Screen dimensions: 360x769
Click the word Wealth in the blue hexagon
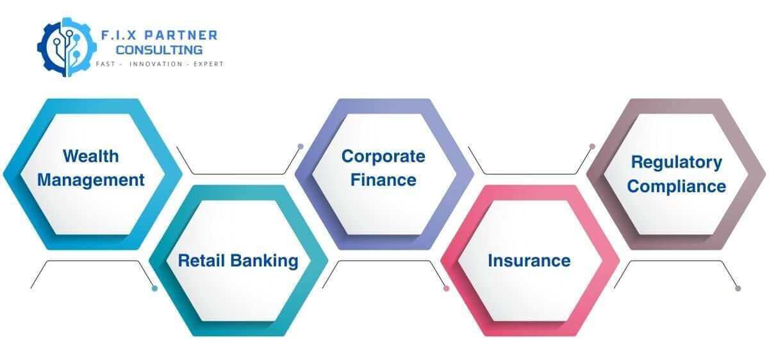pyautogui.click(x=90, y=156)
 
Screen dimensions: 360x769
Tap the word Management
pyautogui.click(x=90, y=180)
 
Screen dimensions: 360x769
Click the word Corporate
pyautogui.click(x=383, y=156)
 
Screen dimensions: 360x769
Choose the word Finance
pyautogui.click(x=383, y=180)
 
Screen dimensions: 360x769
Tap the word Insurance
pyautogui.click(x=529, y=261)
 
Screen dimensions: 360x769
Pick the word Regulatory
pyautogui.click(x=676, y=162)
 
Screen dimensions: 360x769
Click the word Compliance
pyautogui.click(x=676, y=186)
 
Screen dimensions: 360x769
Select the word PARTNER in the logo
pyautogui.click(x=183, y=35)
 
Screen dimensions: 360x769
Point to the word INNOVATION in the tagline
pyautogui.click(x=157, y=65)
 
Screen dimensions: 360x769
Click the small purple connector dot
pyautogui.click(x=300, y=147)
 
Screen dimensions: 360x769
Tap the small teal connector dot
pyautogui.click(x=154, y=289)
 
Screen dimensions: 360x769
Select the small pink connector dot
pyautogui.click(x=447, y=289)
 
